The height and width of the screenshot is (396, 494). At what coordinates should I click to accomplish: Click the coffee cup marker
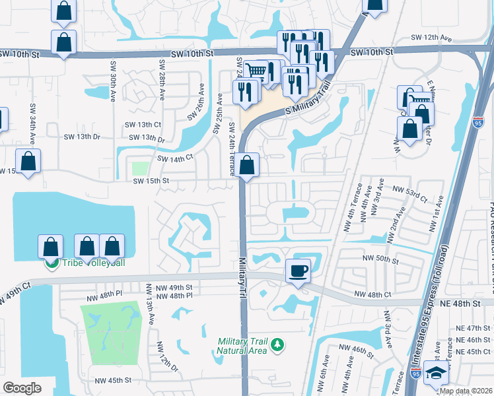click(x=298, y=271)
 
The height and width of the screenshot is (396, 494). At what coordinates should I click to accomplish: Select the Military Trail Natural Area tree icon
click(x=279, y=345)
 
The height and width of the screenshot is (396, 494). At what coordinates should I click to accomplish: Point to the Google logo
click(x=22, y=388)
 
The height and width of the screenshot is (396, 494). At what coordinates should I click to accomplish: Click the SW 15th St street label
click(x=151, y=181)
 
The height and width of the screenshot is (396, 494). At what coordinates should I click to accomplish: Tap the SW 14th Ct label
click(x=174, y=158)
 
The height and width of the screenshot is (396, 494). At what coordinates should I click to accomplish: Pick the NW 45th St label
click(x=113, y=380)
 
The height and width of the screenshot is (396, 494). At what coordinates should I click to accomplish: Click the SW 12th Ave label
click(x=429, y=39)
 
